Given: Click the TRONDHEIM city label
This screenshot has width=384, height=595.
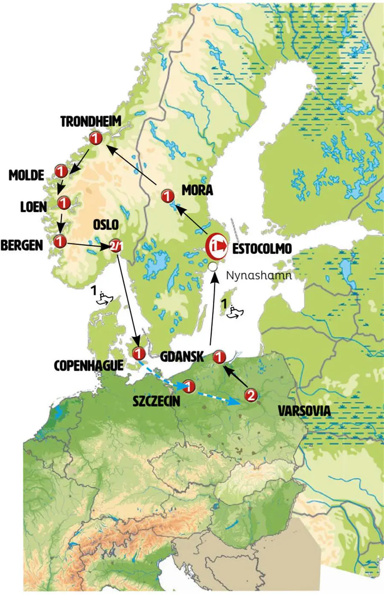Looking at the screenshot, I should coord(90,122).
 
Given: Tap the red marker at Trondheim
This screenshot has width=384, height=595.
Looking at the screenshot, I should coord(96,138).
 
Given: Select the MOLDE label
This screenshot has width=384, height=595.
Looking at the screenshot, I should coord(26,175).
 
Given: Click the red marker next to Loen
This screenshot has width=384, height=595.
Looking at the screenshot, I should coord(64,203).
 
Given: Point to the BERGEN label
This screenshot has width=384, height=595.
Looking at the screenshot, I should coord(22,245).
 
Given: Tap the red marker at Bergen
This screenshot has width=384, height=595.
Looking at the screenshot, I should coord(60,241).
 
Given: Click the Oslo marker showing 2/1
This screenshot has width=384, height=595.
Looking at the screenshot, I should coord(116,246).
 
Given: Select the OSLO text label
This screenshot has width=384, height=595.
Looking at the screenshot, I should coord(106,224).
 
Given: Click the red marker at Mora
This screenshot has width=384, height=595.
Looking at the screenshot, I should coord(168,196).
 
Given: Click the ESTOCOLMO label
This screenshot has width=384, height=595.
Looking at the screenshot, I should coord(262,249).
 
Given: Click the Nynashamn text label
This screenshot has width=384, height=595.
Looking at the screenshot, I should coord(259,275).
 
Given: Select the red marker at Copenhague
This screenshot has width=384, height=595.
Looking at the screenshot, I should coord(139,353).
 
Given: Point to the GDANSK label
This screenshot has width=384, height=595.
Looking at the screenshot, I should coord(182,356).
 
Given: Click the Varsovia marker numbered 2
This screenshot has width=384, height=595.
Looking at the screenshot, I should coord(250,395).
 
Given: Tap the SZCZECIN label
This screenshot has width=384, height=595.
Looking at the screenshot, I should coord(156,401).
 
